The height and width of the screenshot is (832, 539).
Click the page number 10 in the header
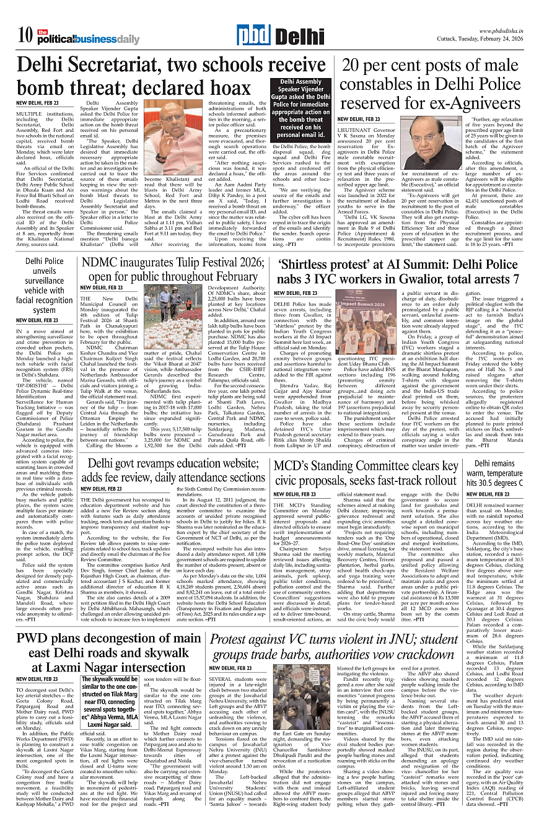click(25, 35)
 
